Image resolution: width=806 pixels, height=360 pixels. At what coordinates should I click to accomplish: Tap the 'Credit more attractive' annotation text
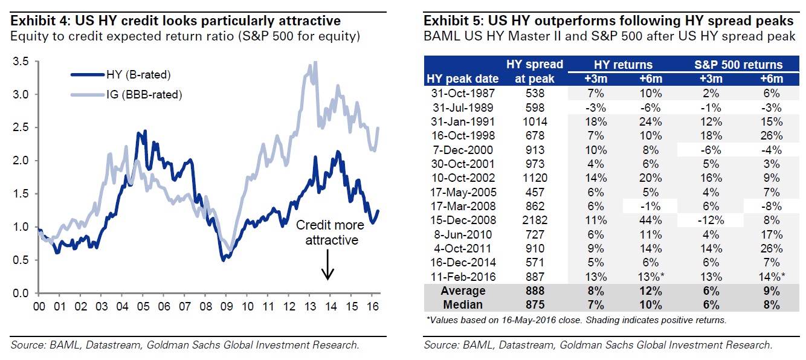point(330,233)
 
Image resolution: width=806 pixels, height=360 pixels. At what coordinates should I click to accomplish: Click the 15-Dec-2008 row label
point(462,220)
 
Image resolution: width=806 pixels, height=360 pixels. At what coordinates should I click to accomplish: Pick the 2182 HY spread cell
point(536,220)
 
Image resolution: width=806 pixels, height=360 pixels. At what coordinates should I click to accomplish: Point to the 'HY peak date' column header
point(463,79)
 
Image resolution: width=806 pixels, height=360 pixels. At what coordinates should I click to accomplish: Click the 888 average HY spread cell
point(536,291)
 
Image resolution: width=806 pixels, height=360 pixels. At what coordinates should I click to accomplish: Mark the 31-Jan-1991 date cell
point(462,121)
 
